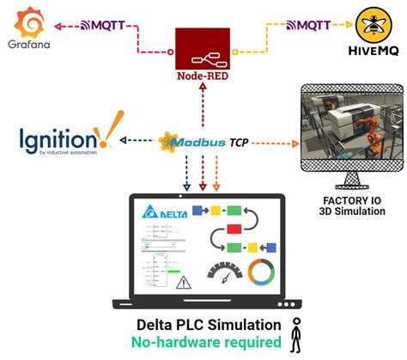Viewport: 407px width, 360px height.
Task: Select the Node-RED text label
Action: point(203,86)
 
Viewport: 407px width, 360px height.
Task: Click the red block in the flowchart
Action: point(234,229)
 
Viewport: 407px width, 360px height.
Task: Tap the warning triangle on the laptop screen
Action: point(182,282)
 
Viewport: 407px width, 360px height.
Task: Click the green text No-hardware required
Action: point(209,343)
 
